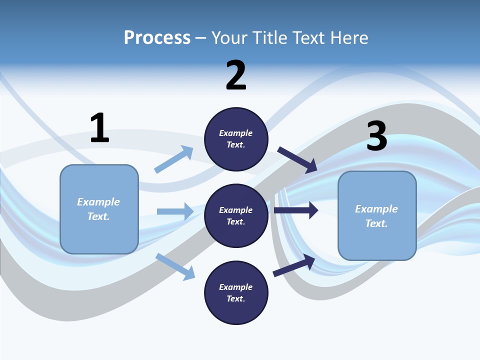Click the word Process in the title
pos(157,38)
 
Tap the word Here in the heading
pos(348,38)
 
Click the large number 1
pos(99,128)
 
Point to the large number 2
pos(236,75)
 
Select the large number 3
pos(376,136)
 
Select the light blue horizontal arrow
pos(175,211)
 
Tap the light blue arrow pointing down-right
pos(175,266)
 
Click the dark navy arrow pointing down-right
pos(297,160)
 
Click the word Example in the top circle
pos(236,133)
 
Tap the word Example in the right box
pos(376,209)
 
